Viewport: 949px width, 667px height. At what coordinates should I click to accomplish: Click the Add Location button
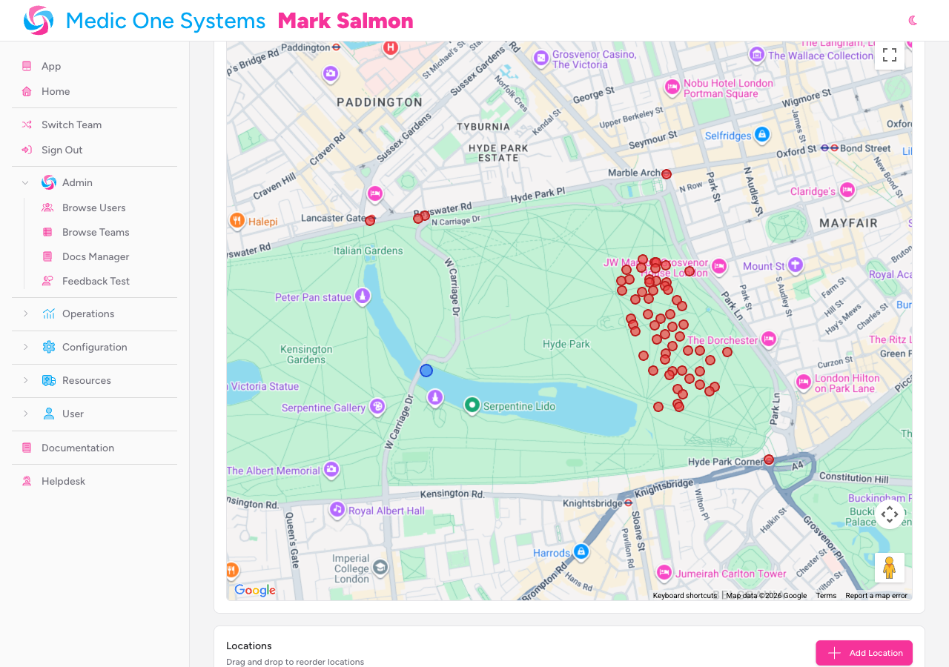864,653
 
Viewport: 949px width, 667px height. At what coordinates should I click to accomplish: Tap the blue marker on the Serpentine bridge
426,371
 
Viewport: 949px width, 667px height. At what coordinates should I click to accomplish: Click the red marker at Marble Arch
667,174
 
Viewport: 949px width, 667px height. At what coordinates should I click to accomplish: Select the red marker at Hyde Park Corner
769,460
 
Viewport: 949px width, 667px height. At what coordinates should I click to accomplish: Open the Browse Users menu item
93,208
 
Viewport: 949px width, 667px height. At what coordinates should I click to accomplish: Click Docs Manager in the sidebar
96,256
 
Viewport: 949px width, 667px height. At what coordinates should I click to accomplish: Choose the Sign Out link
62,150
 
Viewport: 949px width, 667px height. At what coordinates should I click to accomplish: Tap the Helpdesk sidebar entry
63,481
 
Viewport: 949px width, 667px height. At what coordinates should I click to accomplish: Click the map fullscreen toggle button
890,55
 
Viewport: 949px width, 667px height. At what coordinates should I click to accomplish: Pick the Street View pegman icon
890,568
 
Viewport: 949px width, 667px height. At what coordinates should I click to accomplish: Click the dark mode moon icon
913,21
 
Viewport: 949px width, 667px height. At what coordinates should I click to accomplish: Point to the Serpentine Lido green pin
472,405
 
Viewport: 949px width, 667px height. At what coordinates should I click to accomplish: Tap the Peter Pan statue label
313,297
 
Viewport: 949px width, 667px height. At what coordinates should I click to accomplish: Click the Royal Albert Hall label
386,511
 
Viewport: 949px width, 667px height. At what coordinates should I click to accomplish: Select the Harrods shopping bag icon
581,551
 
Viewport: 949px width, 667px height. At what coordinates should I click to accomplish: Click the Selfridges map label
727,136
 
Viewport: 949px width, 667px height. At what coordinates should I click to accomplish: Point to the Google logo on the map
255,590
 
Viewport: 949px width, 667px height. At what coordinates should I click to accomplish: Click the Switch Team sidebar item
71,125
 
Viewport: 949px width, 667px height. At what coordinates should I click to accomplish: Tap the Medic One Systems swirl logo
39,21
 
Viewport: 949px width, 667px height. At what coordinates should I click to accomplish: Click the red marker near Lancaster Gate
370,220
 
